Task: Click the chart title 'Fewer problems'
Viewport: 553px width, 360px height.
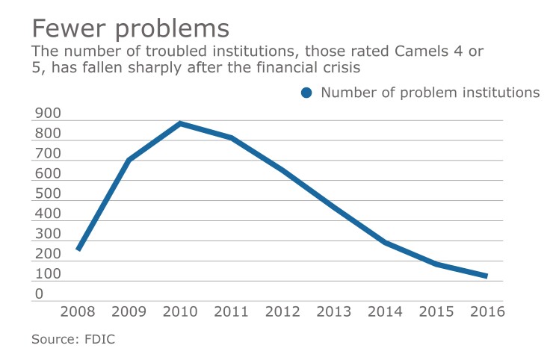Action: click(130, 28)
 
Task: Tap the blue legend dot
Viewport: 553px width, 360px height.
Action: click(306, 93)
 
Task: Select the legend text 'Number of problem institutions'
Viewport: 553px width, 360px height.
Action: click(430, 93)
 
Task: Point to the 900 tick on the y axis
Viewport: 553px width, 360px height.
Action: click(47, 114)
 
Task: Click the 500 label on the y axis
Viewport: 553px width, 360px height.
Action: click(47, 194)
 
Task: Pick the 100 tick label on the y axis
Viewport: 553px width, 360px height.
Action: click(47, 275)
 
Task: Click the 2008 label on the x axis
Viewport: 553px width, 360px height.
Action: click(78, 311)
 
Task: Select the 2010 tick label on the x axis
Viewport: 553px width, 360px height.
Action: click(180, 311)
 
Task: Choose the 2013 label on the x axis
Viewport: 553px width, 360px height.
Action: click(333, 311)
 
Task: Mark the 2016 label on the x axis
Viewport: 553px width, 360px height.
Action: click(485, 311)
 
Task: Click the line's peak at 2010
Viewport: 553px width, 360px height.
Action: click(180, 123)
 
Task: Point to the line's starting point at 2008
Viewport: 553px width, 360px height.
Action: click(78, 249)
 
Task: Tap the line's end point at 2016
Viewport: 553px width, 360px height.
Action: click(485, 276)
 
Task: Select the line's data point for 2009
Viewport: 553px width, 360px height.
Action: click(129, 160)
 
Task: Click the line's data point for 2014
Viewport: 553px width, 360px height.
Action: click(383, 242)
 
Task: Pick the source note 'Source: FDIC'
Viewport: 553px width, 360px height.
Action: click(73, 339)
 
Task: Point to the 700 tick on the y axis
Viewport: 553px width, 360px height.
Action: click(47, 154)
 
